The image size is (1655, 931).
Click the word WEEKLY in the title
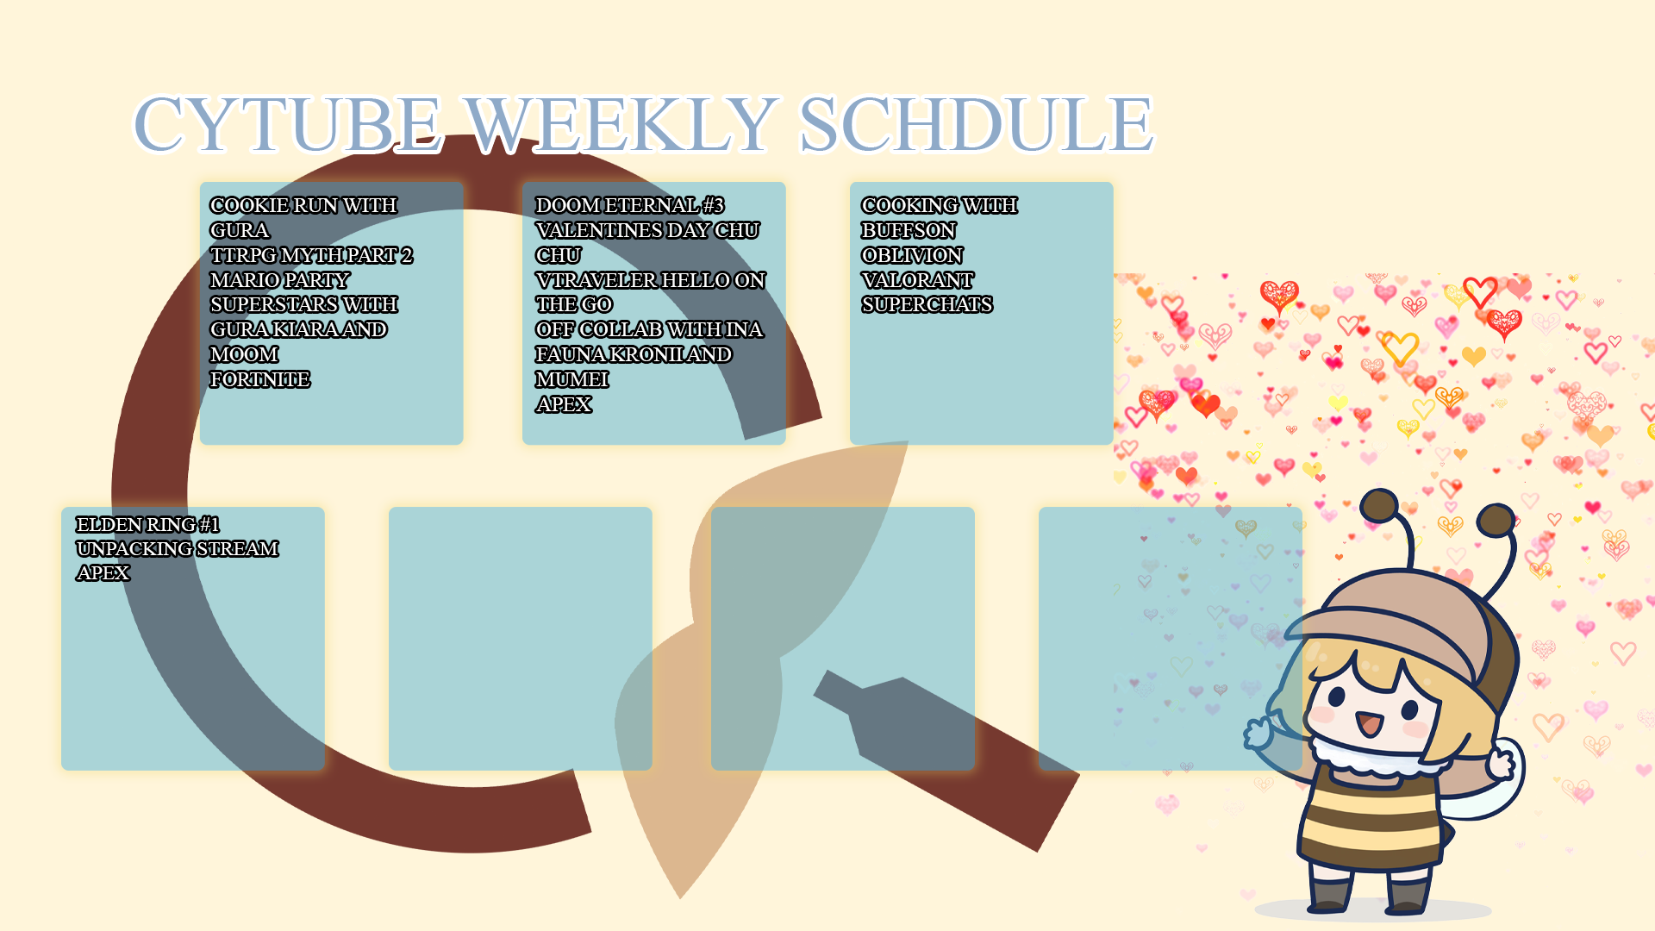tap(621, 124)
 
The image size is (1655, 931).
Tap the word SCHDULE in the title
tap(976, 124)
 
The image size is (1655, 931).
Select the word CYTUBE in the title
tap(288, 124)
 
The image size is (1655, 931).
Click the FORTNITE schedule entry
tap(259, 379)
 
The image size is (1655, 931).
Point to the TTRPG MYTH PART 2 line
tap(311, 255)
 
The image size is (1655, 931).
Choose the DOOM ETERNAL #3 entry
tap(629, 205)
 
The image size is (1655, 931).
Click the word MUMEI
tap(571, 379)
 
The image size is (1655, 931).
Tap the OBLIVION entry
tap(912, 255)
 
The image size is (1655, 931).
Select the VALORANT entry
tap(917, 280)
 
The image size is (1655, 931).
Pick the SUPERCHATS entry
tap(927, 304)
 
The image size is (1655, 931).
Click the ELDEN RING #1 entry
tap(147, 524)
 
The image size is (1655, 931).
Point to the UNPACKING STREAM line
tap(177, 548)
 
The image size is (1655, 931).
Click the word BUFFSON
tap(909, 230)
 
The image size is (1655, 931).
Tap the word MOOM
tap(244, 354)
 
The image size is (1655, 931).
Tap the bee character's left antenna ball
tap(1379, 505)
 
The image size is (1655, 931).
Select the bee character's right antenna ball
tap(1496, 520)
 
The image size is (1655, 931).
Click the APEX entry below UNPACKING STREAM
tap(103, 572)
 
